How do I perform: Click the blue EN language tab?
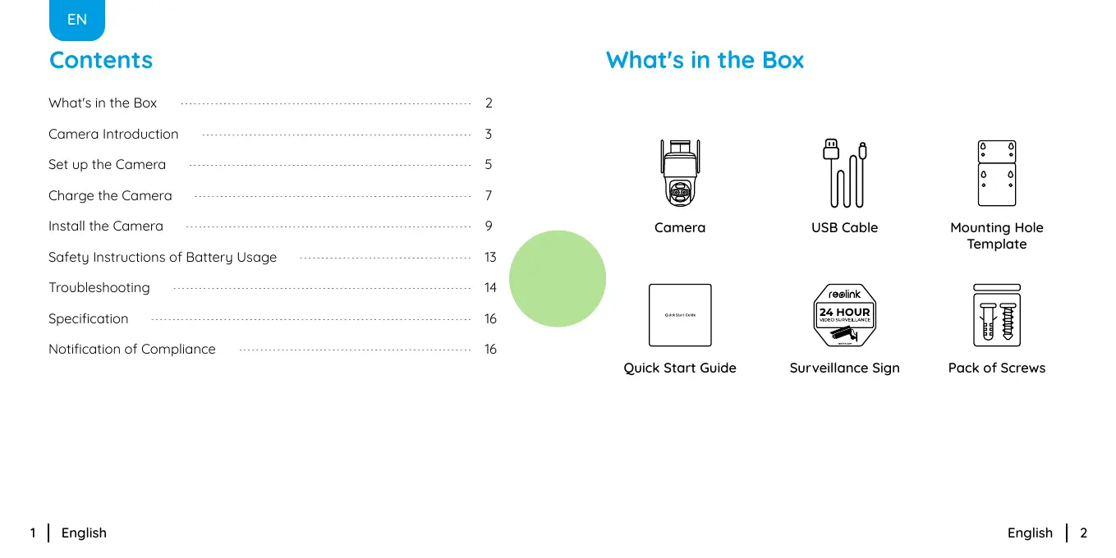(x=77, y=20)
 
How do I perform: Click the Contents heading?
(x=101, y=60)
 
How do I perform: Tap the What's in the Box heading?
(x=705, y=60)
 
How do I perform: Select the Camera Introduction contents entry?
(x=113, y=134)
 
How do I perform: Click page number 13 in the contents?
(x=490, y=257)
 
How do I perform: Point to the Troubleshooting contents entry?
(x=99, y=287)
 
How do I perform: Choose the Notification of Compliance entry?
(x=132, y=349)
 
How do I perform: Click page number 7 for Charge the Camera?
(x=489, y=195)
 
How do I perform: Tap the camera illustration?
(x=680, y=173)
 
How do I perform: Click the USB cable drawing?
(x=844, y=173)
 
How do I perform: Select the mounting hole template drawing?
(x=997, y=173)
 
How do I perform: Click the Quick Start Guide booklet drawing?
(x=680, y=315)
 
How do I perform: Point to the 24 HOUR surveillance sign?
(x=844, y=315)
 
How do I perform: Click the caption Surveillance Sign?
(x=844, y=368)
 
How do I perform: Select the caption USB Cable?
(x=844, y=227)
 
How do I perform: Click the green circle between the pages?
(x=558, y=278)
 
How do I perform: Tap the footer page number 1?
(x=33, y=533)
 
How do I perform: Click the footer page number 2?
(x=1083, y=533)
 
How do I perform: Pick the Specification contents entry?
(x=89, y=318)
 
